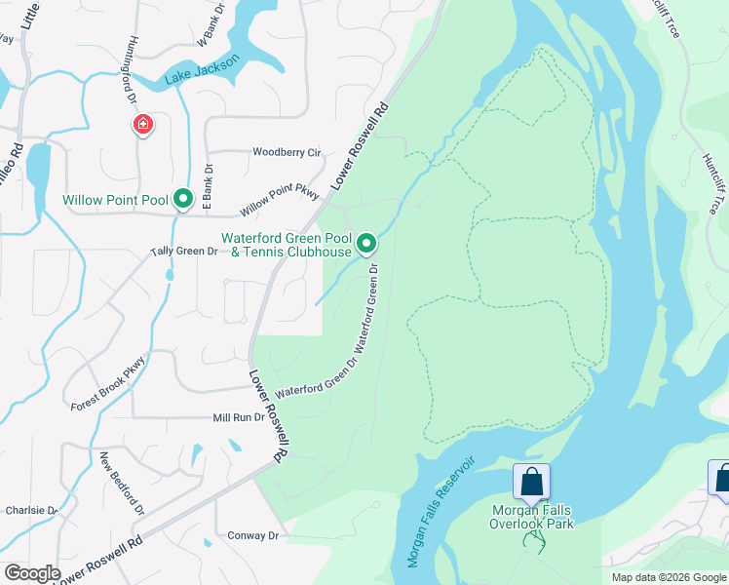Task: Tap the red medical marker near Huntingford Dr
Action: [x=143, y=125]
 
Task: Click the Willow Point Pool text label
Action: [x=115, y=200]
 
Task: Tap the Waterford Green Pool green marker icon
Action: [x=366, y=242]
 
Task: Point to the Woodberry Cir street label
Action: [x=287, y=152]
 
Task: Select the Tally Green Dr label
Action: [x=183, y=251]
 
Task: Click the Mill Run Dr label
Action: [x=239, y=417]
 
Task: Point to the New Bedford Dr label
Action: [x=122, y=483]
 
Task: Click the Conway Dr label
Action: [x=253, y=535]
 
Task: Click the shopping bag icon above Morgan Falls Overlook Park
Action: [x=531, y=482]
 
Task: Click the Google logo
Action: [x=31, y=573]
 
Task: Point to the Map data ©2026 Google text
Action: [x=668, y=577]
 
